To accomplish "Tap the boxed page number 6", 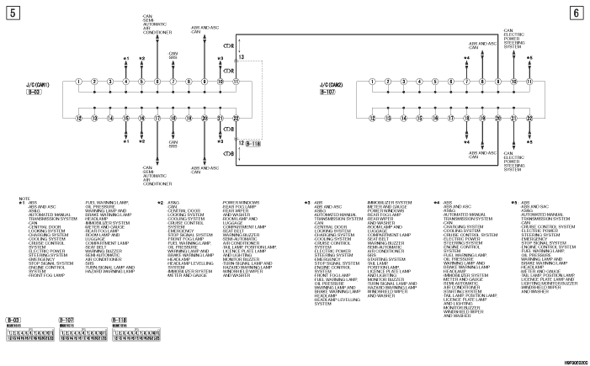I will [x=575, y=13].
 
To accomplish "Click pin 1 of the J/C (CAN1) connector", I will [x=77, y=82].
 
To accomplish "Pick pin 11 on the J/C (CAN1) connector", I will [x=237, y=82].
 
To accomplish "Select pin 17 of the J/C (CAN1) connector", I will [x=157, y=119].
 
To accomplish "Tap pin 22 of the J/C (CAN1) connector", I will [x=237, y=119].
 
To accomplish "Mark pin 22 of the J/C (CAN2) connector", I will [x=531, y=119].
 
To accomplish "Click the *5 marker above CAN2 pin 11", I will [x=530, y=59].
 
